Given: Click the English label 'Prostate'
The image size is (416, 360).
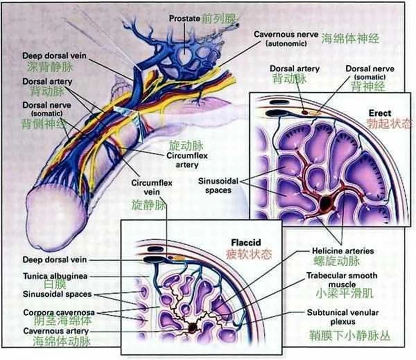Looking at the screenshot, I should coord(185,19).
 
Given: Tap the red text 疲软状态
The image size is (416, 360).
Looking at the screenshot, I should coord(249,255).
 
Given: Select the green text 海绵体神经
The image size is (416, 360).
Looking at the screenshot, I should coord(349,39).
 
